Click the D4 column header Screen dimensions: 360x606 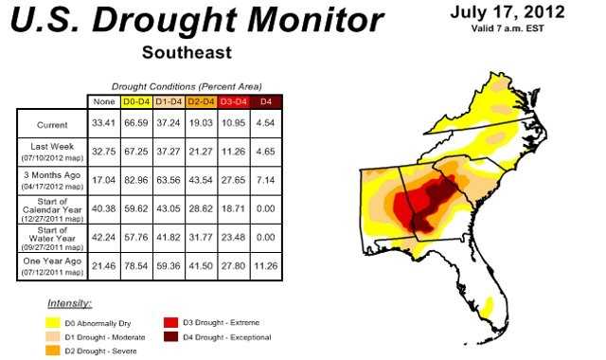pos(268,100)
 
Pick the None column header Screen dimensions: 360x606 pos(102,100)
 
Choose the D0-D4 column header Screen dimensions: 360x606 pos(137,100)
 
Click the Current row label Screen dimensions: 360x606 pos(52,124)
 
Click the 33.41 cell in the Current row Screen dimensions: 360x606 pos(102,124)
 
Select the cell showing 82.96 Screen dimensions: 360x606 pos(137,178)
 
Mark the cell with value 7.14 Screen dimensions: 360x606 pos(268,178)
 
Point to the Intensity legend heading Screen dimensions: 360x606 pos(68,304)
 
